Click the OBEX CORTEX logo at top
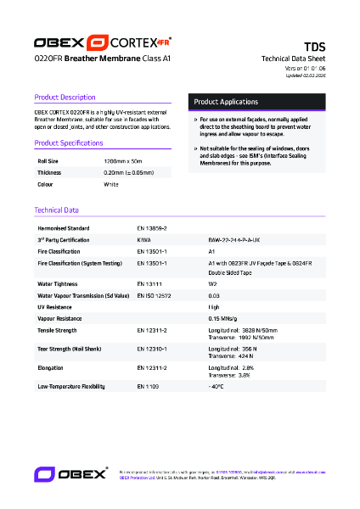click(x=102, y=42)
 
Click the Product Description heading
click(x=65, y=98)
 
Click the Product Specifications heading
click(x=69, y=143)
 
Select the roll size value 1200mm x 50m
click(x=123, y=160)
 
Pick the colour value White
click(x=111, y=184)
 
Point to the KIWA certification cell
click(x=144, y=240)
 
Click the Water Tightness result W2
click(x=212, y=284)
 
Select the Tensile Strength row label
click(x=58, y=329)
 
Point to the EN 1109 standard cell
click(x=148, y=386)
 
